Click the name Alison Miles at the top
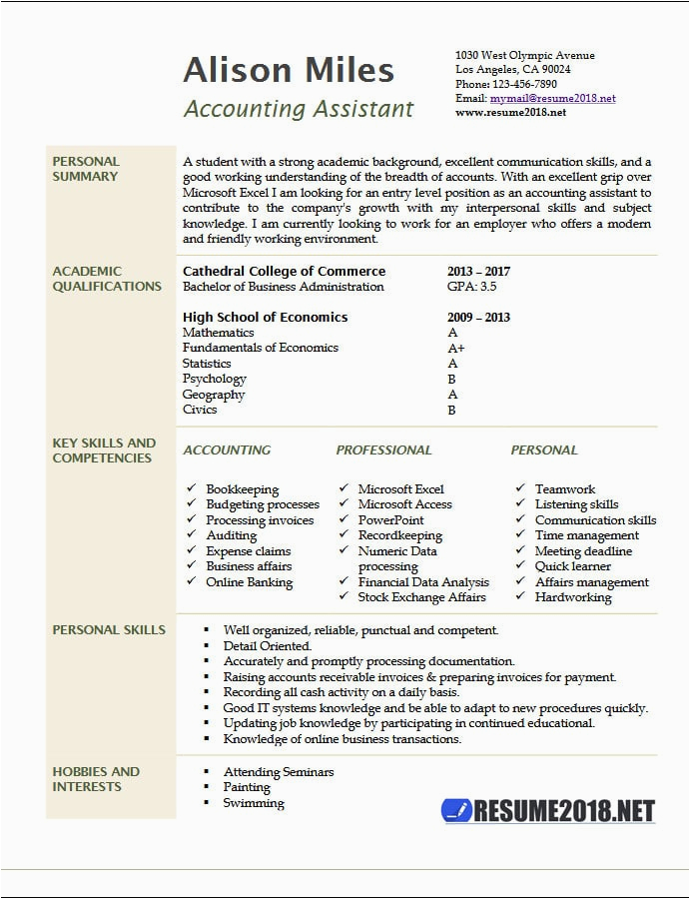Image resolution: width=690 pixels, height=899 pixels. tap(289, 71)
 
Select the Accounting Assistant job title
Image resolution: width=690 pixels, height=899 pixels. tap(298, 109)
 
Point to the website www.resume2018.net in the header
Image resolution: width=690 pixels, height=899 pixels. tap(510, 113)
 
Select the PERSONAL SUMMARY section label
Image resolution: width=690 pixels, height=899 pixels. tap(86, 169)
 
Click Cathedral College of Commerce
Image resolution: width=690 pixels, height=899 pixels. tap(284, 272)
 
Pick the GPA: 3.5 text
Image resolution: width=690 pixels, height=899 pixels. tap(471, 287)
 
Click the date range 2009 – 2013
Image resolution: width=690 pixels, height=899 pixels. tap(478, 318)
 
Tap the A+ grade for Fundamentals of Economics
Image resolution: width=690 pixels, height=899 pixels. tap(455, 349)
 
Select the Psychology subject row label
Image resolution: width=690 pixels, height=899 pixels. tap(214, 380)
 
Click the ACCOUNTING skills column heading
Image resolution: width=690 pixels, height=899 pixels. tap(227, 450)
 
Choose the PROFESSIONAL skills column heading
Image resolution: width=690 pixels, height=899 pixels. tap(383, 450)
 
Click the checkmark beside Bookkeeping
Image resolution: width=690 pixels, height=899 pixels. tap(191, 489)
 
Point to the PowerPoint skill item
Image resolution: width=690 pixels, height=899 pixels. tap(390, 520)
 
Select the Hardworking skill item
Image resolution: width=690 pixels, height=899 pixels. tap(573, 597)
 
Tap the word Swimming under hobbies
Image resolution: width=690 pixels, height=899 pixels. tap(253, 803)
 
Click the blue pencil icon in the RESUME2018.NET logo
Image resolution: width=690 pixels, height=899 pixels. tap(456, 810)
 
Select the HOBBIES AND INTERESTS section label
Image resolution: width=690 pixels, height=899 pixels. tap(96, 779)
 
